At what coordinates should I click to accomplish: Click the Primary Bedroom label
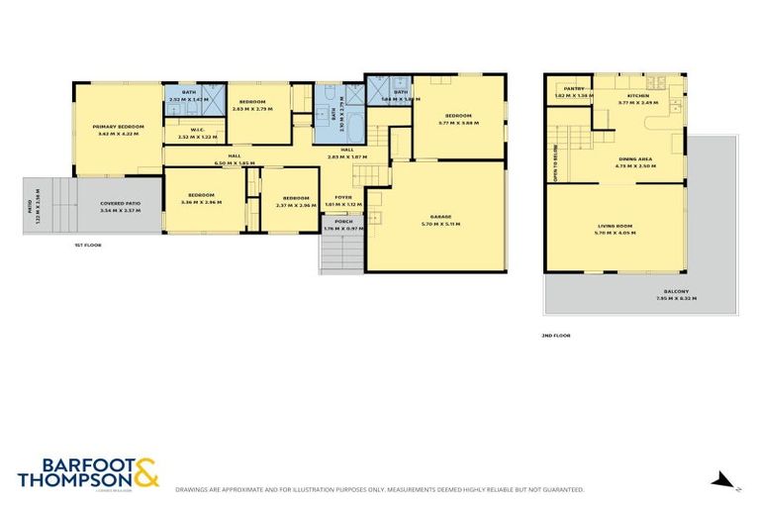pyautogui.click(x=118, y=127)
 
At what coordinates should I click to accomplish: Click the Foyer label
pyautogui.click(x=343, y=197)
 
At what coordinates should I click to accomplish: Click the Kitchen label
pyautogui.click(x=637, y=96)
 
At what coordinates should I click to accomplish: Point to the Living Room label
pyautogui.click(x=615, y=228)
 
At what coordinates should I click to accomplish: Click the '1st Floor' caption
pyautogui.click(x=88, y=245)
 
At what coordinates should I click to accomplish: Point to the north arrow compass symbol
pyautogui.click(x=724, y=481)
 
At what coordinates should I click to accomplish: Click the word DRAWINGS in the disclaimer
pyautogui.click(x=194, y=489)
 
